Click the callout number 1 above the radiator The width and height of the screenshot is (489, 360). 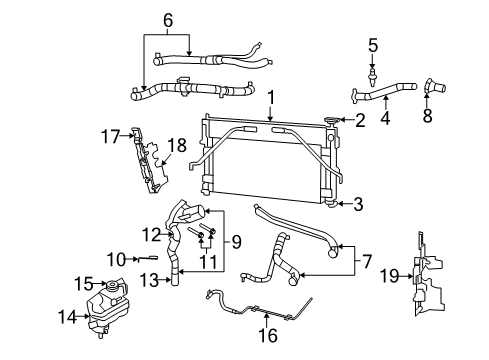point(270,96)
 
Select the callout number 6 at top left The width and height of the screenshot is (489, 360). point(167,19)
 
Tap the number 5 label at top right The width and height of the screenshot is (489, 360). point(373,44)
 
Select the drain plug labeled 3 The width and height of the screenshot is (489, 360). point(330,205)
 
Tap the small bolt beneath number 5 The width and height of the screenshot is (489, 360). point(373,74)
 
